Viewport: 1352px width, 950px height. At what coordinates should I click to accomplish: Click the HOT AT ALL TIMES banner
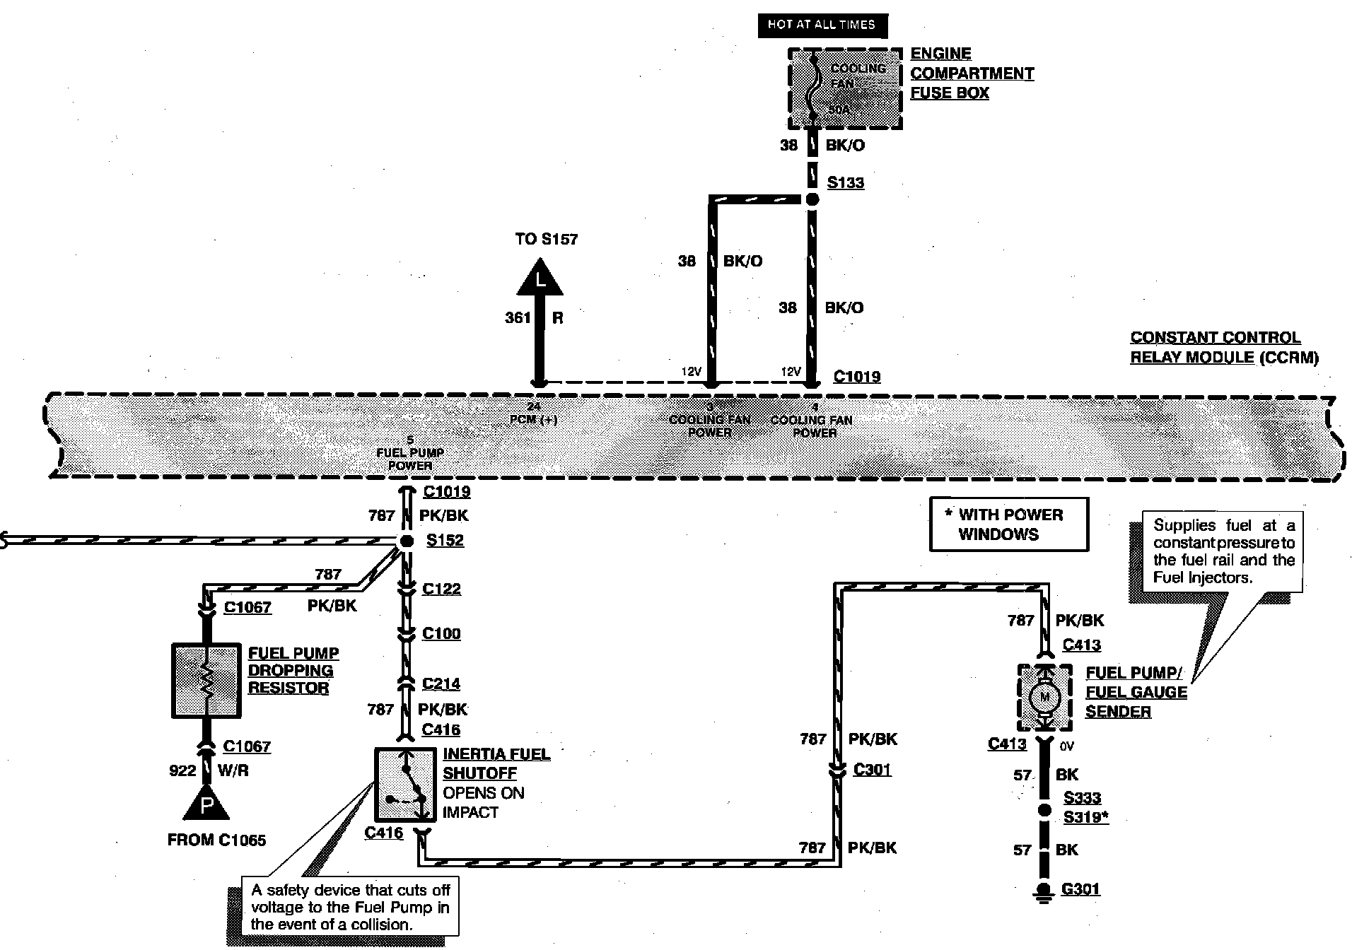[x=822, y=25]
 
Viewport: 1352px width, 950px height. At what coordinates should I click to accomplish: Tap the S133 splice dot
[x=812, y=199]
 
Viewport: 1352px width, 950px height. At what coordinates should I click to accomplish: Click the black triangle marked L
[x=540, y=278]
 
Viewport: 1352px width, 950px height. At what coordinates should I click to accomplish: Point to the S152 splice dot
[x=407, y=541]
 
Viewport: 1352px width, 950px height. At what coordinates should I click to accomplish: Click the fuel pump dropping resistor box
[x=206, y=680]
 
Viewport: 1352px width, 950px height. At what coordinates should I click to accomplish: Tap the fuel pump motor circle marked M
[x=1044, y=698]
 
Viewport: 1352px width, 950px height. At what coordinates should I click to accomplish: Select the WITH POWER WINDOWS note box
[x=1008, y=524]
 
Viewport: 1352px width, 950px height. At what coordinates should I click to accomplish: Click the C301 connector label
[x=872, y=769]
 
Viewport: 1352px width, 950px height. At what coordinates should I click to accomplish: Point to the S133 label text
[x=846, y=182]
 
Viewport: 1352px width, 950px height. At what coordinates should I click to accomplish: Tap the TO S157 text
[x=546, y=239]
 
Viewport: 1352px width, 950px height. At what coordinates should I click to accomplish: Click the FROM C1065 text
[x=216, y=840]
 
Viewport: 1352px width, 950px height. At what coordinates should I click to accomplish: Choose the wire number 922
[x=182, y=770]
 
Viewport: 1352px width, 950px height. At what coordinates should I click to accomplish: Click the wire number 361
[x=518, y=318]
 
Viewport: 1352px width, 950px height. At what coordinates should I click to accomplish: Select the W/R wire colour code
[x=233, y=770]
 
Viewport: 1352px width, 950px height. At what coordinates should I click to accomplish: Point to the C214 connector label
[x=441, y=684]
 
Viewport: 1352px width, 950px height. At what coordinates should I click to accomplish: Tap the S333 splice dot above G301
[x=1044, y=810]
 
